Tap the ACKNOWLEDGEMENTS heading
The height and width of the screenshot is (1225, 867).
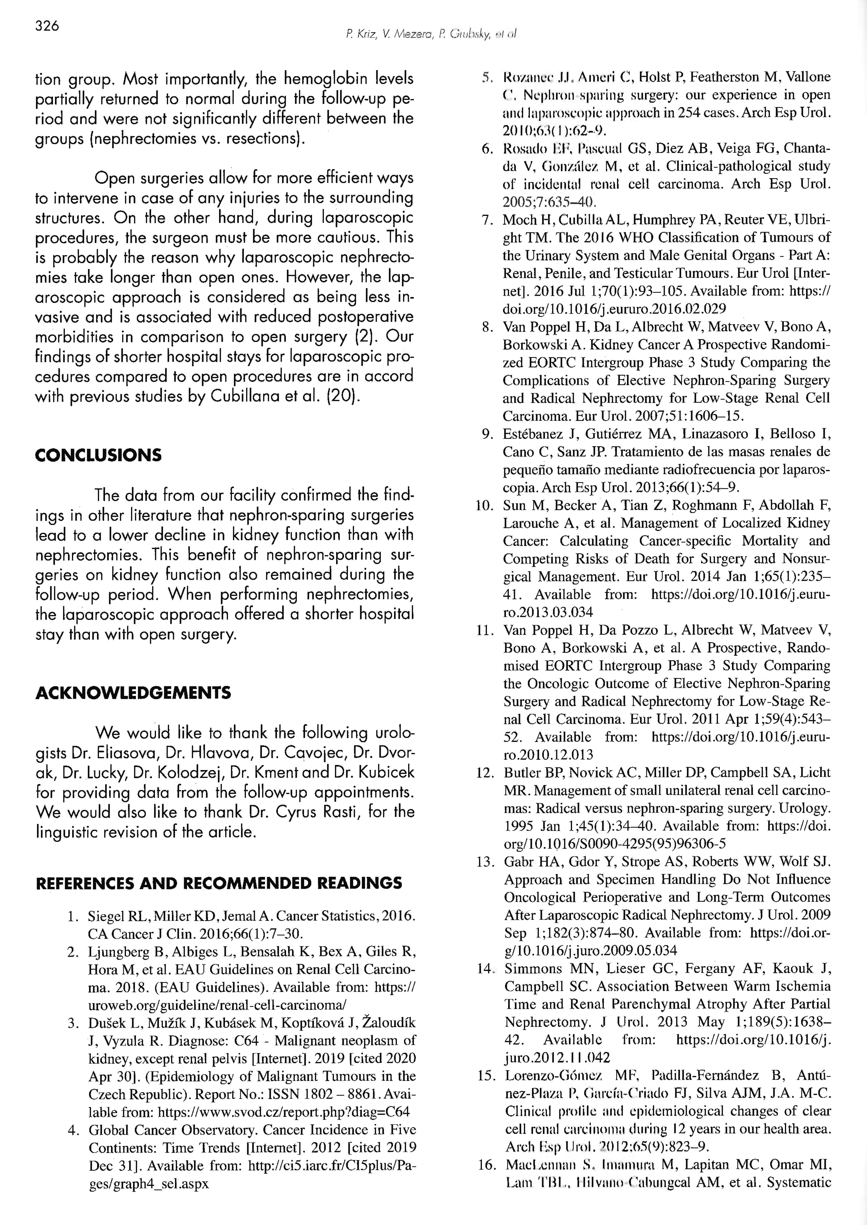click(133, 693)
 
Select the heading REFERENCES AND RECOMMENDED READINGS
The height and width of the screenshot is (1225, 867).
click(218, 882)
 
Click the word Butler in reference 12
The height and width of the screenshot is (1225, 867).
click(520, 772)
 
